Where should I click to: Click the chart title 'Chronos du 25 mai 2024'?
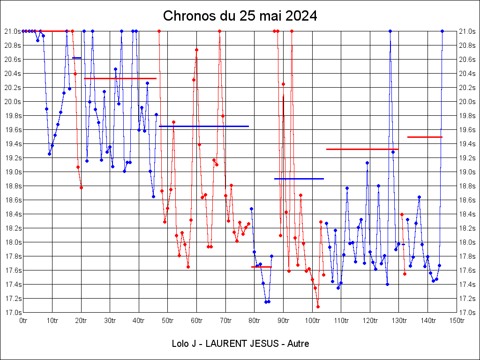[x=240, y=16]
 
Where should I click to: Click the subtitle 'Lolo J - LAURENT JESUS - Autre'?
[x=240, y=344]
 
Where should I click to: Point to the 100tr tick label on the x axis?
[x=312, y=321]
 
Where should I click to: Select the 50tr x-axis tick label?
[x=168, y=321]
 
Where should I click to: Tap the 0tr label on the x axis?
[x=23, y=321]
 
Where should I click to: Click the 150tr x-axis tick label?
[x=457, y=321]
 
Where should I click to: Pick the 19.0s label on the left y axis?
[x=13, y=172]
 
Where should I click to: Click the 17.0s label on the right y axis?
[x=468, y=313]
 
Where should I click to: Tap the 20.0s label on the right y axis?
[x=468, y=102]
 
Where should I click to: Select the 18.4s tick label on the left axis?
[x=13, y=214]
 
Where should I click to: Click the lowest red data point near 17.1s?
[x=318, y=307]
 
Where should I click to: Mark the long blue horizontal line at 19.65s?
[x=203, y=126]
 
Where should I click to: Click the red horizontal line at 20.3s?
[x=120, y=78]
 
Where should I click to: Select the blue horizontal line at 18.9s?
[x=299, y=179]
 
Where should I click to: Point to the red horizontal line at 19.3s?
[x=362, y=149]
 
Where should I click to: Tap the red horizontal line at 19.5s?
[x=425, y=137]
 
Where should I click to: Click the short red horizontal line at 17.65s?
[x=261, y=267]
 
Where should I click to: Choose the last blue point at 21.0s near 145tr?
[x=442, y=31]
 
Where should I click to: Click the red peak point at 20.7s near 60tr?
[x=197, y=50]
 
